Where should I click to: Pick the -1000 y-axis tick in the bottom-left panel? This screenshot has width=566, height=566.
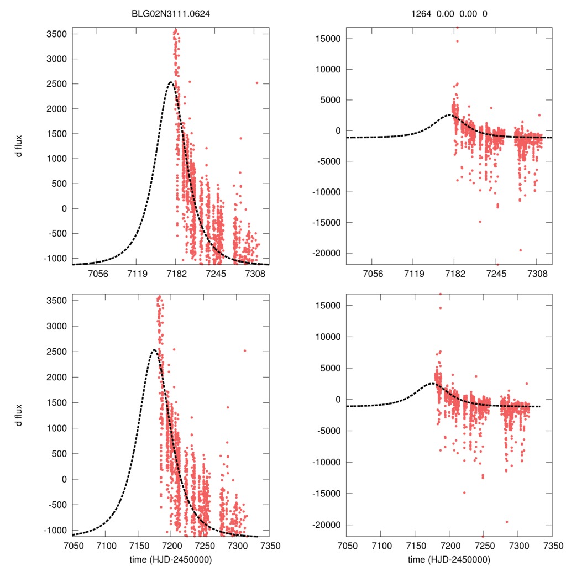pos(55,530)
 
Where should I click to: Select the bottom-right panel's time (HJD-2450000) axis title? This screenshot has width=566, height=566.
pos(449,559)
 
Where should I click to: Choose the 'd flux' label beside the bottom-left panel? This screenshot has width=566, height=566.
pos(19,415)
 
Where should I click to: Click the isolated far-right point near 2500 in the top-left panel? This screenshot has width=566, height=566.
pos(256,83)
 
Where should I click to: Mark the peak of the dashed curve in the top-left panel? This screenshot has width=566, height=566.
pos(170,82)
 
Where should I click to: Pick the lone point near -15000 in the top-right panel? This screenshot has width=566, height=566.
pos(480,222)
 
